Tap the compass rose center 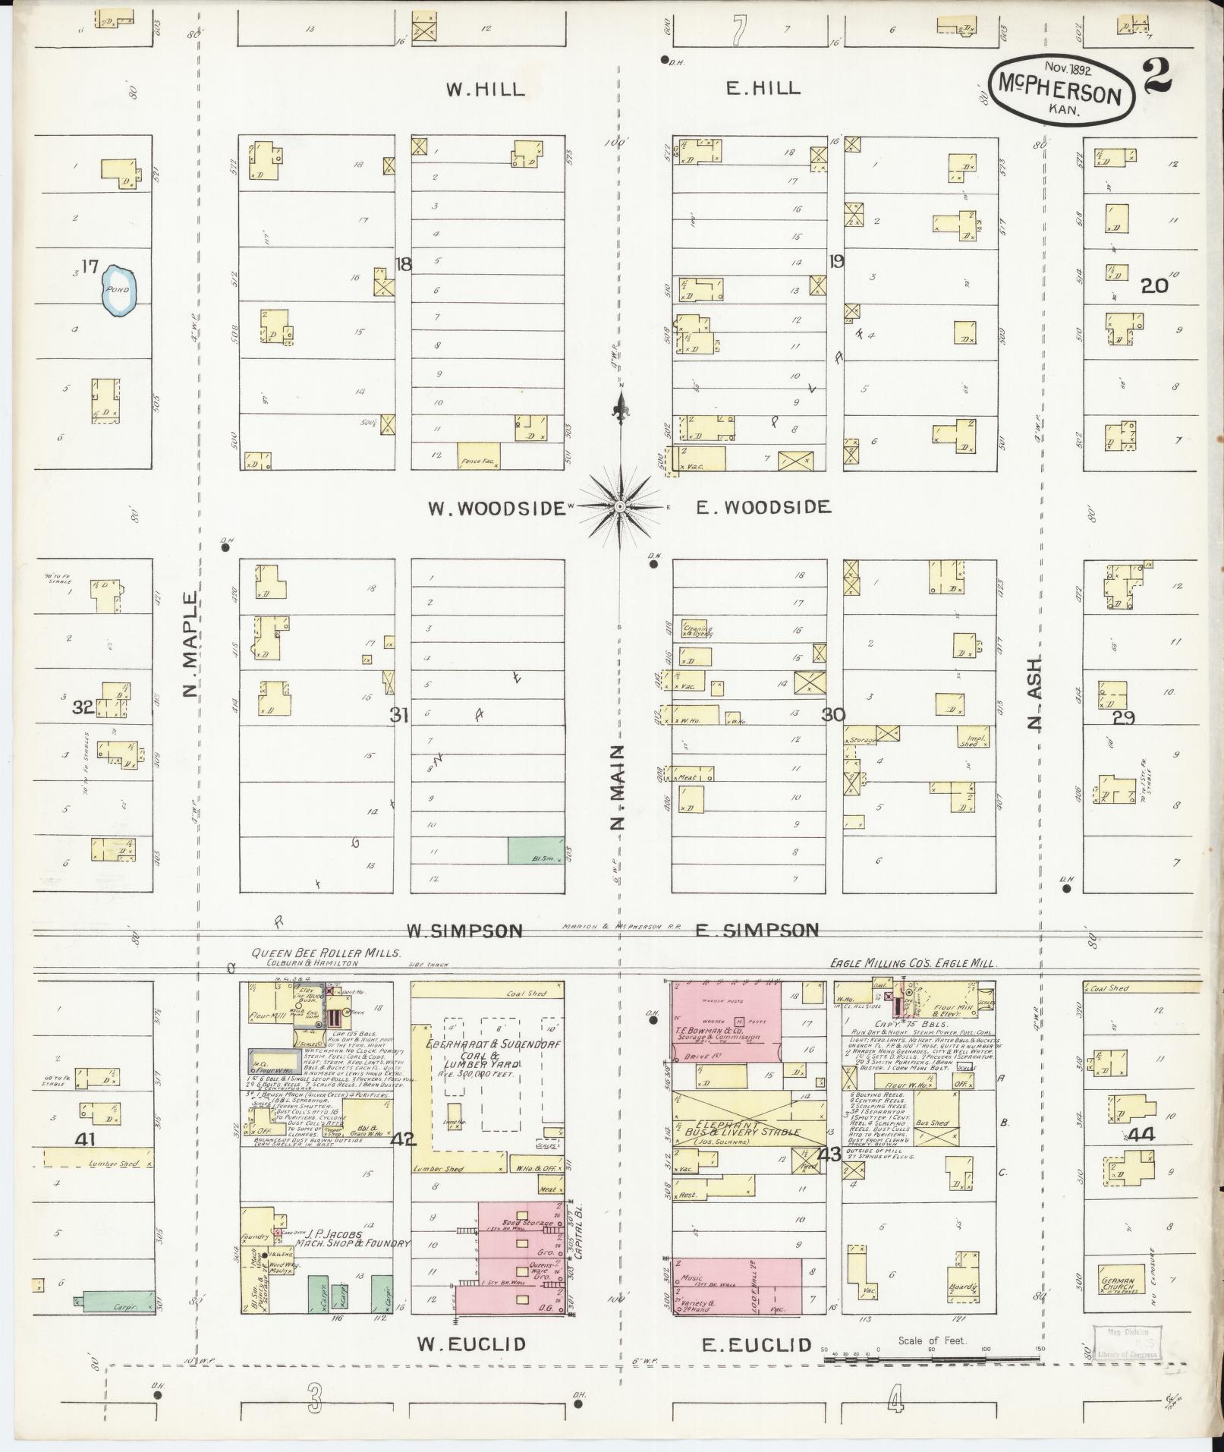620,506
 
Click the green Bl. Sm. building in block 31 536,849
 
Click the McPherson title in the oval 1062,94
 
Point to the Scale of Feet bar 933,1359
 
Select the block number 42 403,1139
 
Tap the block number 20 1154,286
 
